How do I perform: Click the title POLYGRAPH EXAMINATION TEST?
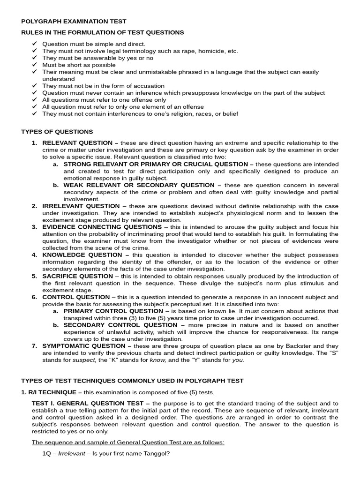74,22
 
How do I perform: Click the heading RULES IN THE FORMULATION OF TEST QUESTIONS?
103,32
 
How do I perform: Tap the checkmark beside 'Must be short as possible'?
34,65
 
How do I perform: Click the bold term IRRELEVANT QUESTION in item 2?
81,206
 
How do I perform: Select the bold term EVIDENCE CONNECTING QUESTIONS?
101,227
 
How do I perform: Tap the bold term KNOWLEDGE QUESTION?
82,255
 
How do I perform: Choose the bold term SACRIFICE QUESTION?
78,276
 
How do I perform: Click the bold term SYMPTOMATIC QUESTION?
86,346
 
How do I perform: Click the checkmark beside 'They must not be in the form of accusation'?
34,86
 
